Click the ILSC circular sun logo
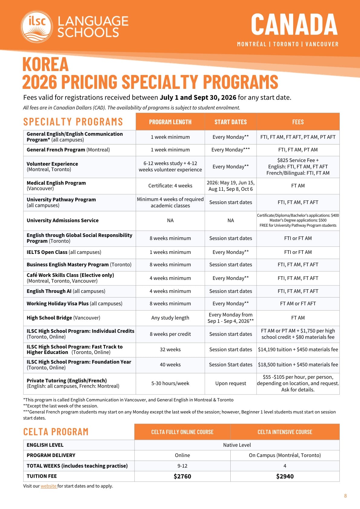click(x=37, y=27)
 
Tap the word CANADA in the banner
click(x=294, y=24)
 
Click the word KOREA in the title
click(x=45, y=64)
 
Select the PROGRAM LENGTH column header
click(x=170, y=122)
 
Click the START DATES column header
click(x=230, y=122)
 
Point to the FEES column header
click(x=298, y=122)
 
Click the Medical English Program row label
click(x=56, y=186)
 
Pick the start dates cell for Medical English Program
click(x=230, y=186)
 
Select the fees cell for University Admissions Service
click(x=298, y=220)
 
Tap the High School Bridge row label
click(x=63, y=318)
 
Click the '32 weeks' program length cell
click(x=170, y=349)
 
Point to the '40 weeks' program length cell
click(x=170, y=365)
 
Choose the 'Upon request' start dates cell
click(x=230, y=383)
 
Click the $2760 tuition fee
click(x=182, y=476)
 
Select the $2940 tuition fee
click(x=285, y=476)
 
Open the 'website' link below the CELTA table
click(x=49, y=486)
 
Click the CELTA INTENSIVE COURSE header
click(x=285, y=432)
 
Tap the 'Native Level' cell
click(x=237, y=445)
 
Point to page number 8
click(x=345, y=496)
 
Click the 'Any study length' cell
click(x=170, y=318)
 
